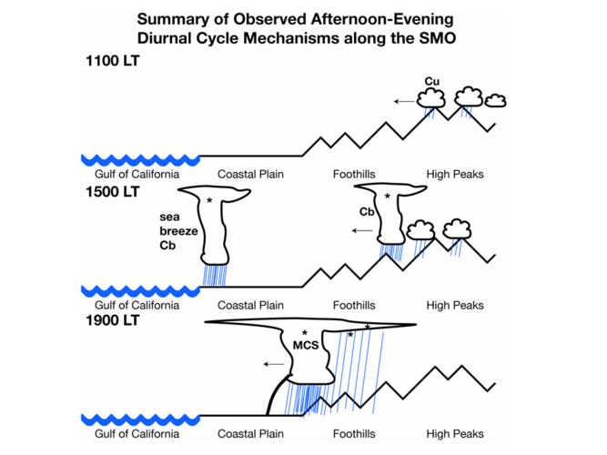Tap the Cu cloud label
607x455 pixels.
click(432, 82)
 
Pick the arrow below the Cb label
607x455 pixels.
click(362, 231)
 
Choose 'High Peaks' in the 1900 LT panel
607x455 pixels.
click(455, 434)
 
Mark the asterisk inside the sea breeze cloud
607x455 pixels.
click(209, 200)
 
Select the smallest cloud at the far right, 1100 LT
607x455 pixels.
click(495, 99)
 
